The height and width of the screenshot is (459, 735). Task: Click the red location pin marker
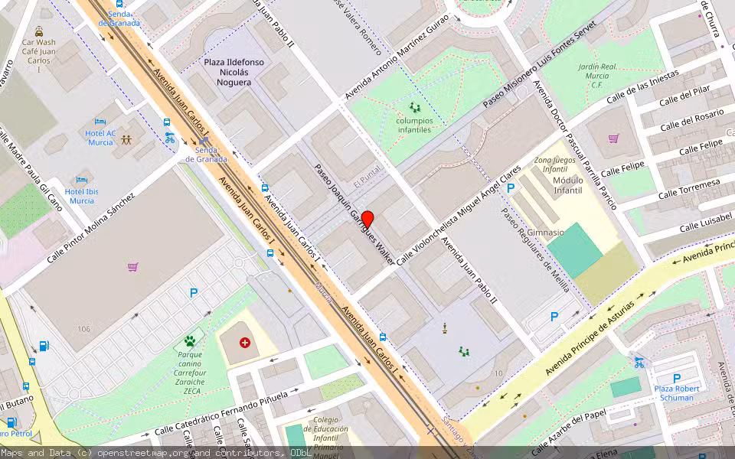pyautogui.click(x=367, y=219)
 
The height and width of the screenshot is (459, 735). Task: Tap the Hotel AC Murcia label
pyautogui.click(x=101, y=138)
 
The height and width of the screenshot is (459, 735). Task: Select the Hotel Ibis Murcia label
pyautogui.click(x=82, y=196)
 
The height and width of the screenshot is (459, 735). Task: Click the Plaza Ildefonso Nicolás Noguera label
pyautogui.click(x=228, y=72)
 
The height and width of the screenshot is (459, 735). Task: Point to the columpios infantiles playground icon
pyautogui.click(x=414, y=108)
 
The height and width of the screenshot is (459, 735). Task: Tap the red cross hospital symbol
pyautogui.click(x=245, y=342)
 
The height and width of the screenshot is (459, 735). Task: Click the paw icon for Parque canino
pyautogui.click(x=189, y=340)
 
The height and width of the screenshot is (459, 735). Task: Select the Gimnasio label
pyautogui.click(x=545, y=232)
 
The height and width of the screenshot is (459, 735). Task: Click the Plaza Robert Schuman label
pyautogui.click(x=674, y=392)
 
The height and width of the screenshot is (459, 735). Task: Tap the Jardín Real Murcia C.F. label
pyautogui.click(x=598, y=76)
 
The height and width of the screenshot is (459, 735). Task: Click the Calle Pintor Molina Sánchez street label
pyautogui.click(x=90, y=227)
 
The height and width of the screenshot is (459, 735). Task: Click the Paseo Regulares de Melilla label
pyautogui.click(x=535, y=250)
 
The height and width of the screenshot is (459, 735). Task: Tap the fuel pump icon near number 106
pyautogui.click(x=44, y=346)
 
